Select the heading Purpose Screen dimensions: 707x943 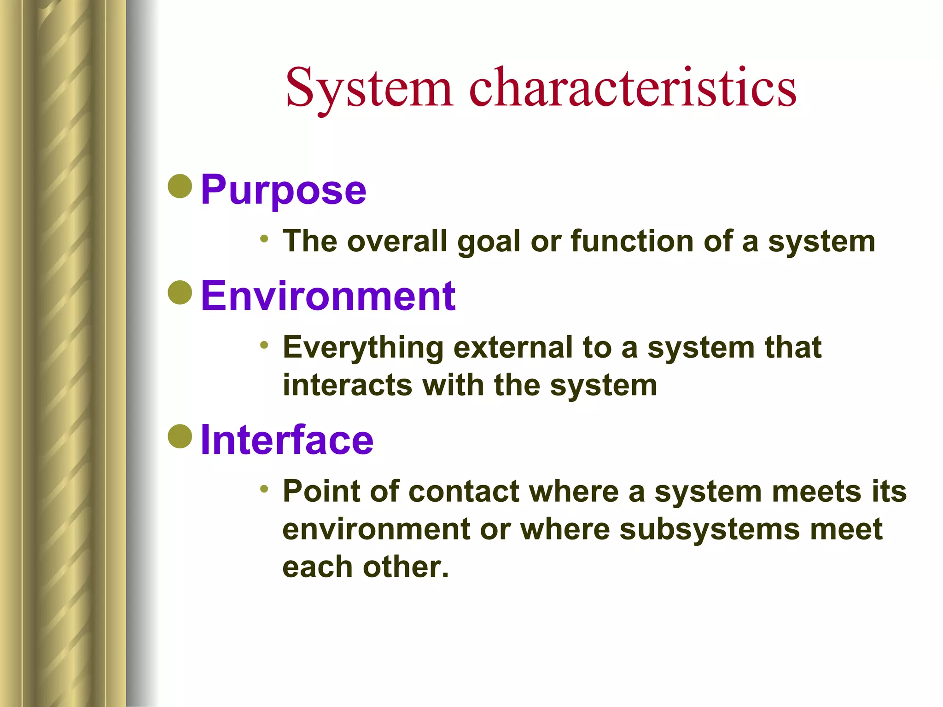(283, 190)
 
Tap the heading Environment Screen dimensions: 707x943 (328, 296)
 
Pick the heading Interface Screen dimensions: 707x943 (287, 440)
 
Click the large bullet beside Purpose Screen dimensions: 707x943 (180, 186)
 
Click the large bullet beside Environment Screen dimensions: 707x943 (180, 292)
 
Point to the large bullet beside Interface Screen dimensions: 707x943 (180, 436)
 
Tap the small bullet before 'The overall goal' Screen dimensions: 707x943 (264, 238)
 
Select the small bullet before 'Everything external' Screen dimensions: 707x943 (264, 345)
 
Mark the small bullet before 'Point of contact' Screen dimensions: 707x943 (264, 489)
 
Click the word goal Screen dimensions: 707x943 (489, 242)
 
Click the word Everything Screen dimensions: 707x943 (363, 348)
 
